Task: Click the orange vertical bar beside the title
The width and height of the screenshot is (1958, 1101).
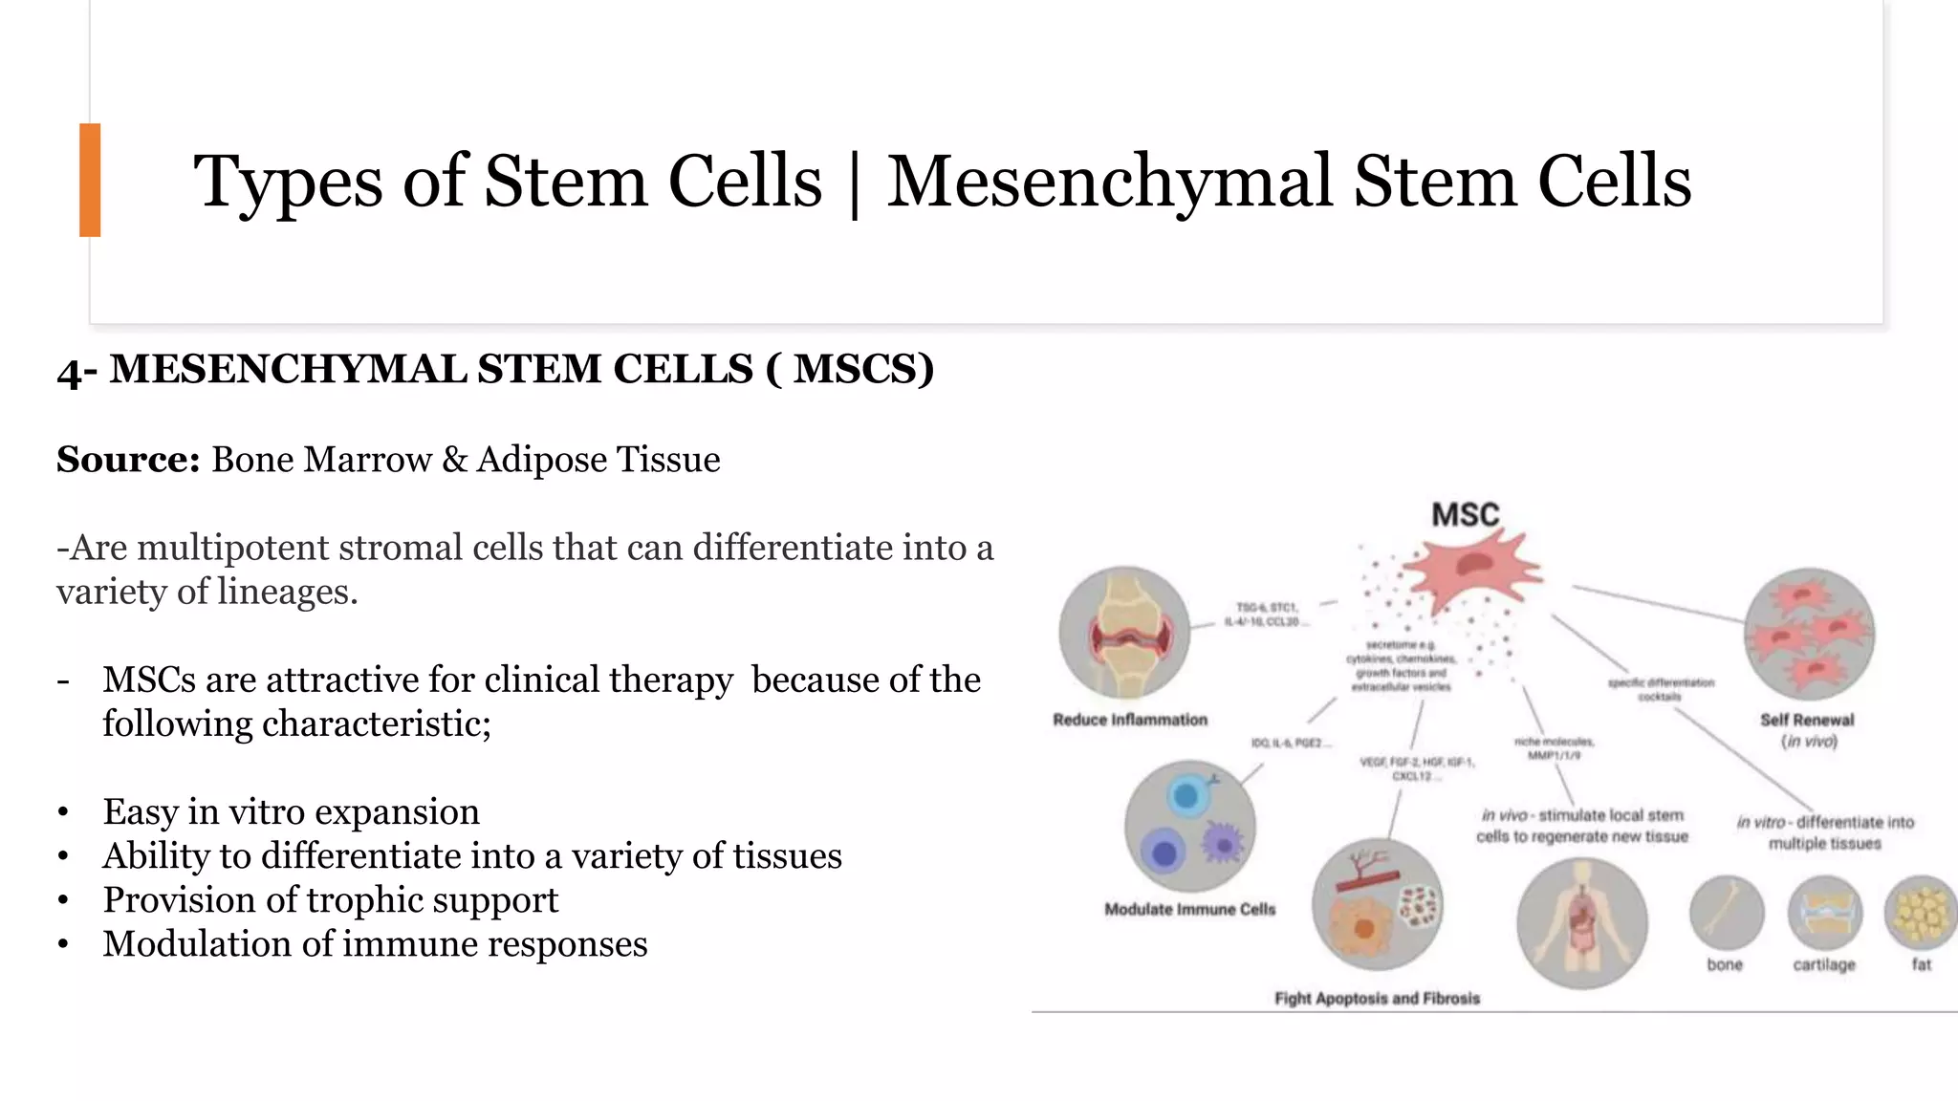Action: (x=90, y=180)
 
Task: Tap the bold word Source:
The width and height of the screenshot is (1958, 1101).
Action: (x=128, y=460)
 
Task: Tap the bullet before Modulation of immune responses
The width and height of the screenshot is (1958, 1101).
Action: (x=63, y=945)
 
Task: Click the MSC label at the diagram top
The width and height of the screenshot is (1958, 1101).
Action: (x=1465, y=515)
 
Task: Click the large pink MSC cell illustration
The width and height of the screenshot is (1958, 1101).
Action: (x=1473, y=568)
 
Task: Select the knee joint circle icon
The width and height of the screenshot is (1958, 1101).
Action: (x=1125, y=632)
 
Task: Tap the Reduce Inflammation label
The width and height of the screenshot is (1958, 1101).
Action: (x=1130, y=720)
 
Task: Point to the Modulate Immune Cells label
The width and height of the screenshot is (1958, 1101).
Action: (x=1189, y=909)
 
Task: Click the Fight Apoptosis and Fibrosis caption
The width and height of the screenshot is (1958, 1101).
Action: (x=1377, y=999)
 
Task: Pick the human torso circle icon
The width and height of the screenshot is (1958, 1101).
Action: (x=1582, y=922)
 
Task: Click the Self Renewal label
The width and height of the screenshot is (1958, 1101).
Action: (x=1807, y=721)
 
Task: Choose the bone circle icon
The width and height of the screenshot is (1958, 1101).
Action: (x=1726, y=913)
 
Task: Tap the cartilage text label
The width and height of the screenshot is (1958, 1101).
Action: (x=1824, y=965)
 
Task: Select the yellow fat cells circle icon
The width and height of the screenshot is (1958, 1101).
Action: (x=1920, y=913)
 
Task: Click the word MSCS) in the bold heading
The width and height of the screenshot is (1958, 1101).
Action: (x=863, y=370)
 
